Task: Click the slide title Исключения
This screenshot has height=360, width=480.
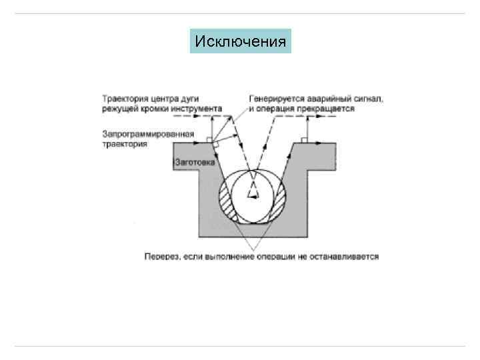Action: (x=240, y=42)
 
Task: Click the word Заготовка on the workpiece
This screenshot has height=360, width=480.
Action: (x=194, y=161)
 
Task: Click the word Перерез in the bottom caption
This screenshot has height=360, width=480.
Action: (x=160, y=256)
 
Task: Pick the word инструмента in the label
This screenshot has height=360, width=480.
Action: (x=197, y=108)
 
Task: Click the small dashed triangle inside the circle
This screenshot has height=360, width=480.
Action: (x=253, y=192)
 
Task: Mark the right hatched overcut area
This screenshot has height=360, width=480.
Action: (x=279, y=200)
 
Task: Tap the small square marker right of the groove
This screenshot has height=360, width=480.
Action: (x=303, y=140)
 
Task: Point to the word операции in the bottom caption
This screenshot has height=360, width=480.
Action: (x=270, y=256)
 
